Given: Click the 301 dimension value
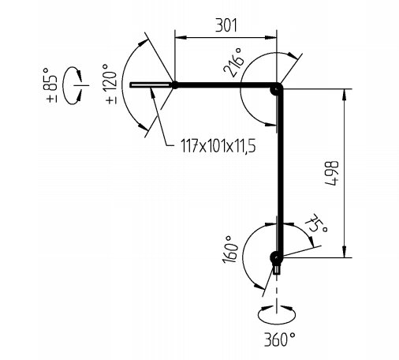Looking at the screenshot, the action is click(x=226, y=25).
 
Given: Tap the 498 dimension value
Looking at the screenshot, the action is click(x=332, y=174).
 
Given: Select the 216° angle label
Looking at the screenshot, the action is click(x=233, y=62).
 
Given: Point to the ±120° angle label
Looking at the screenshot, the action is click(x=112, y=84).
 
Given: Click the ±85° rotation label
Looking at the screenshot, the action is click(x=52, y=85).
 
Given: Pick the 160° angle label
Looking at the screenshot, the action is click(x=229, y=249).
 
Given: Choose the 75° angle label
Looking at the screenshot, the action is click(x=316, y=223).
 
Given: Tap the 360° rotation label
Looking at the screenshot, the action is click(x=280, y=339).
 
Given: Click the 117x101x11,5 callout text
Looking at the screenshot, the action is click(x=218, y=146).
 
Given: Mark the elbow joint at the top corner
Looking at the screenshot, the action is click(x=276, y=89).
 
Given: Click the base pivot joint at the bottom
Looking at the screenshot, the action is click(x=276, y=257).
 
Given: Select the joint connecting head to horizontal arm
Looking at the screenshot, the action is click(x=174, y=85).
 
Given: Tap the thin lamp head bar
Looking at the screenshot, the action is click(x=150, y=85).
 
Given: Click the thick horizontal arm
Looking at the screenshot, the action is click(x=226, y=85).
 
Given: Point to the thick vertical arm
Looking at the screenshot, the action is click(x=281, y=172).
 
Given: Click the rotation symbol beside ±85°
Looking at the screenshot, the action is click(x=73, y=85).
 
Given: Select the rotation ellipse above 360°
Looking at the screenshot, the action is click(x=277, y=314).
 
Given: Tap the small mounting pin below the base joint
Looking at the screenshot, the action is click(x=276, y=269).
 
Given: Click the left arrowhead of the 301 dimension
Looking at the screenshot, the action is click(x=181, y=37).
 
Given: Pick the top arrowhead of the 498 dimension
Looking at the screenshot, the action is click(x=344, y=95).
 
